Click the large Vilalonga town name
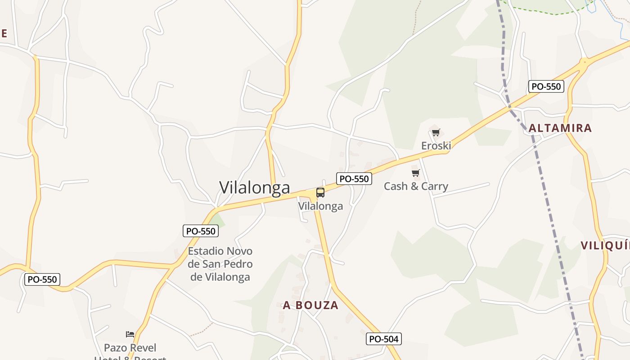255,188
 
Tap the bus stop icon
320,193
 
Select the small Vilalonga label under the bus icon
320,206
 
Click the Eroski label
436,145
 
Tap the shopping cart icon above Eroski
436,132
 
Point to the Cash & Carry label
416,186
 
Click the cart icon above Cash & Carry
416,173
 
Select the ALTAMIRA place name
560,128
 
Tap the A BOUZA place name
310,305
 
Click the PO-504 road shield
384,339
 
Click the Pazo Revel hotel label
130,348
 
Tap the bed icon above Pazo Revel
130,334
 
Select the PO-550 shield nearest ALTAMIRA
546,86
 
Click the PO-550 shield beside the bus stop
354,179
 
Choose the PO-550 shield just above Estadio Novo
201,231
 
